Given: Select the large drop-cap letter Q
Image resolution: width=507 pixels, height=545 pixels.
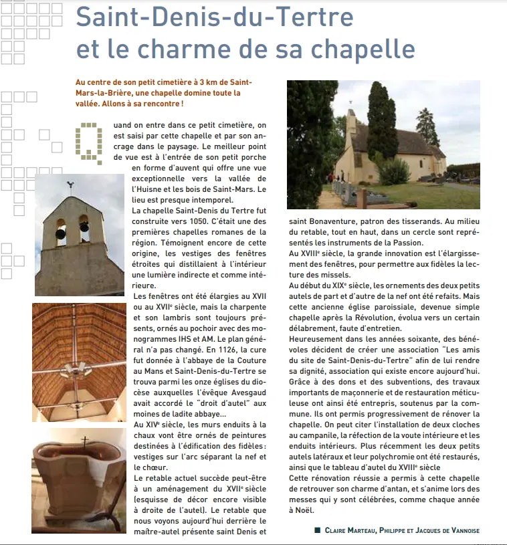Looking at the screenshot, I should click(92, 141).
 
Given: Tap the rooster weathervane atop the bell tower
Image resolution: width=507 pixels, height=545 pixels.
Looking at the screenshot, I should click(70, 185).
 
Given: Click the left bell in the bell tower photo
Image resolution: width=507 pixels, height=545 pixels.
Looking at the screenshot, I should click(61, 234).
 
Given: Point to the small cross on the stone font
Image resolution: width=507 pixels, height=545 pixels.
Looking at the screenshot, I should click(85, 441).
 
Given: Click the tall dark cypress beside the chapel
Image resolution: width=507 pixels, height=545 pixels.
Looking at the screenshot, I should click(381, 127).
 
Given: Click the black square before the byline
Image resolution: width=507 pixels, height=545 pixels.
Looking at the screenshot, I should click(317, 530).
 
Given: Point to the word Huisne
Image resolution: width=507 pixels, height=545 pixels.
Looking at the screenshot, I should click(155, 189).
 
